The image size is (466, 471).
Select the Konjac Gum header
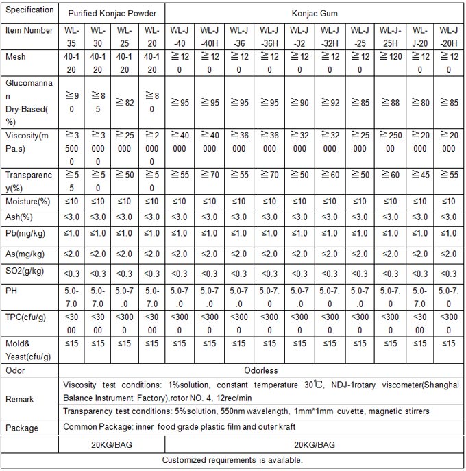pyautogui.click(x=314, y=13)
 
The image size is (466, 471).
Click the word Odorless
pyautogui.click(x=260, y=370)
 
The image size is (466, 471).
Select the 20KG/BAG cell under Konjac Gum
pyautogui.click(x=314, y=444)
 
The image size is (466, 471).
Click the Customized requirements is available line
pyautogui.click(x=232, y=460)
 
